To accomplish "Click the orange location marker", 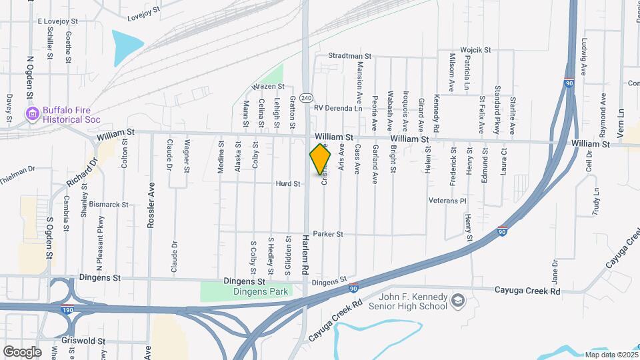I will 321,161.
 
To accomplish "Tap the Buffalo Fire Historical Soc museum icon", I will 31,114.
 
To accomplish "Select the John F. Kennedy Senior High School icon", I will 457,301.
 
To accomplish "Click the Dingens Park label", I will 260,291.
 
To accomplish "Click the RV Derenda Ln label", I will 337,108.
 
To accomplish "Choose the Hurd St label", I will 288,183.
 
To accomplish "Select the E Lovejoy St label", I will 59,22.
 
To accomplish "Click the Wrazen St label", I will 268,87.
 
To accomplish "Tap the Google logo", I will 22,351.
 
